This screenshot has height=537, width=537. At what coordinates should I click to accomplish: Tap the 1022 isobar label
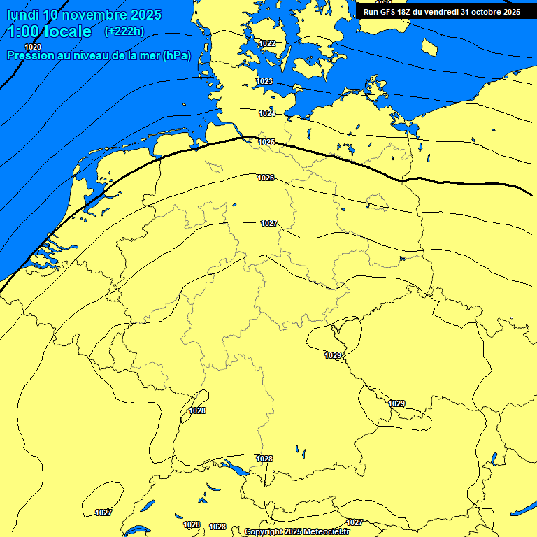tap(267, 43)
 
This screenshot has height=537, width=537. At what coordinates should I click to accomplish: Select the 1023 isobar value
tap(264, 81)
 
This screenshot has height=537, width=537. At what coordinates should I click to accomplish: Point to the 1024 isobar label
tap(267, 113)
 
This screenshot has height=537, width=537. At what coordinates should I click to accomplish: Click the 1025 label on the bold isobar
tap(266, 142)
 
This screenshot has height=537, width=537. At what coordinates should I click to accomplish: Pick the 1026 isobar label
tap(266, 178)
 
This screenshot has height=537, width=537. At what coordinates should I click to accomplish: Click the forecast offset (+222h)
tap(124, 31)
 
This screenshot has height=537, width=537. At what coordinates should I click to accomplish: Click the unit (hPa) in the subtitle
tap(176, 56)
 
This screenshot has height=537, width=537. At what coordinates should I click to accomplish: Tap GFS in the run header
tap(389, 12)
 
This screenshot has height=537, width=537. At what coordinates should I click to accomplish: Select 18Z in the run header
tap(409, 12)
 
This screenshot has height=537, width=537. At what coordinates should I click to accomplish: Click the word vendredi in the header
tap(443, 12)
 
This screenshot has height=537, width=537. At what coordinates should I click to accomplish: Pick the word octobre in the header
tap(487, 12)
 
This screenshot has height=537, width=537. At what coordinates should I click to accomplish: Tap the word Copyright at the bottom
tap(264, 532)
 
